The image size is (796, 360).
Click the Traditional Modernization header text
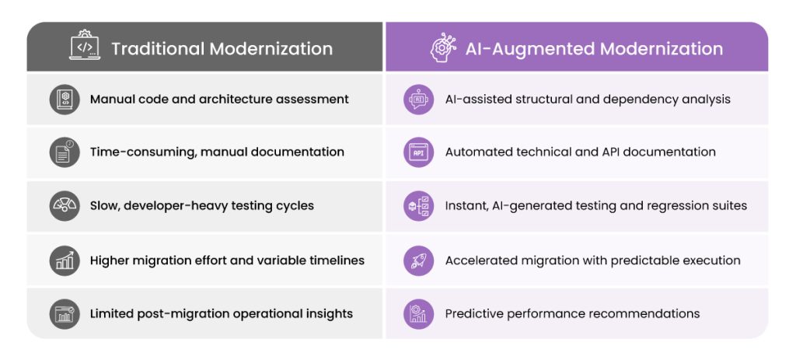222,49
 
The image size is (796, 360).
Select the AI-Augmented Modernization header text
594,49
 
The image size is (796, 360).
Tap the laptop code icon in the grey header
85,46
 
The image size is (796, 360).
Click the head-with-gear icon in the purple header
442,47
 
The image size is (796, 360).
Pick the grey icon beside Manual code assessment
65,99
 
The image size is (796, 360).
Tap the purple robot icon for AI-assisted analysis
419,99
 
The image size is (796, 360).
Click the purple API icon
419,152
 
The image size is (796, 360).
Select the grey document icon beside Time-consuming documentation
65,152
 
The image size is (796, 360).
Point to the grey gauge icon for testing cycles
65,205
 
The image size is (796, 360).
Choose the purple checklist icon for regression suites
419,205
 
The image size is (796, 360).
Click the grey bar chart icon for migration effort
65,260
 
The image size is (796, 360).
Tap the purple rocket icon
419,260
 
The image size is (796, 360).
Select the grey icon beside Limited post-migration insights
65,314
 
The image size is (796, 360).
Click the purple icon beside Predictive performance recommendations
419,314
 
